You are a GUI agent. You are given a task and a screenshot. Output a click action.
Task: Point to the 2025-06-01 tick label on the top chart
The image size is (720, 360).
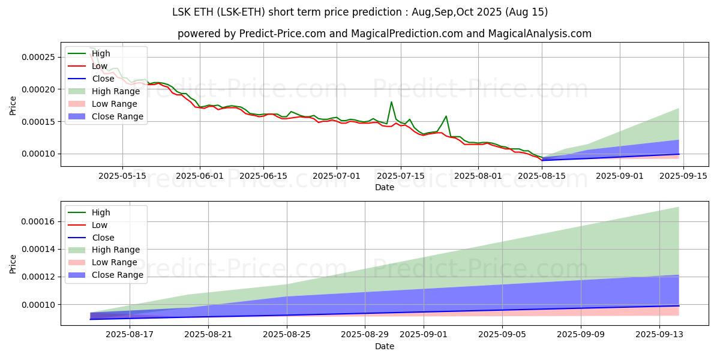click(x=200, y=176)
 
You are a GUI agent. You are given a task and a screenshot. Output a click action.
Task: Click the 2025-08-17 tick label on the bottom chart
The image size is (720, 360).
click(x=130, y=334)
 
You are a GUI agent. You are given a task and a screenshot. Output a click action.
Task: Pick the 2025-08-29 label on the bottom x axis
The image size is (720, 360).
click(x=365, y=334)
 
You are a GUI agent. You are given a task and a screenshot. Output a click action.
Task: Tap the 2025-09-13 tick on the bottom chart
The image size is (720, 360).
click(x=659, y=334)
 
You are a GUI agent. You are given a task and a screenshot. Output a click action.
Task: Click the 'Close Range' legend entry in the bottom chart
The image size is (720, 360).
click(x=118, y=275)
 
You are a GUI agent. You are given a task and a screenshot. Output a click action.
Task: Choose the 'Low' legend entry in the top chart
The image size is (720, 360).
click(x=100, y=66)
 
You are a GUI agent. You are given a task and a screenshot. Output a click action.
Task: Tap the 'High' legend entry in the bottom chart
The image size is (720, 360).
click(x=101, y=212)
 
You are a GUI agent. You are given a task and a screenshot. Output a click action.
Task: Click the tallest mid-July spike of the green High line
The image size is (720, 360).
click(x=391, y=102)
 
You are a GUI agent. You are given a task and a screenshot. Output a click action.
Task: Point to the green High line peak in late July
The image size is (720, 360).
click(x=446, y=116)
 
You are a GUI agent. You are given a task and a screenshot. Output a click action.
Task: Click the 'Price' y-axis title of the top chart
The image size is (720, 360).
click(x=13, y=105)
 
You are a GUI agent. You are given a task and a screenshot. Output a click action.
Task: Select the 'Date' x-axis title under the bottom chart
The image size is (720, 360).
click(x=385, y=346)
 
